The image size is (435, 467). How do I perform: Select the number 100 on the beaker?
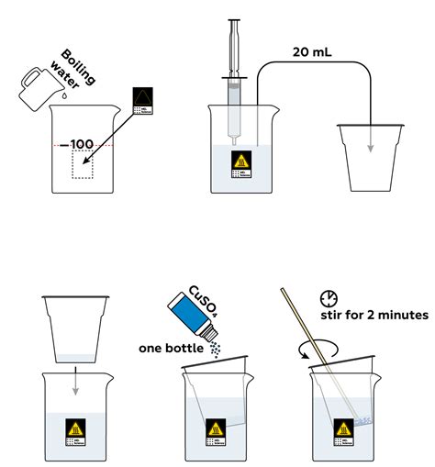[x=81, y=145]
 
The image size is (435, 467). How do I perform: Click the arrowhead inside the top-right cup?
[x=370, y=152]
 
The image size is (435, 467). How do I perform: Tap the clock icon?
[x=329, y=298]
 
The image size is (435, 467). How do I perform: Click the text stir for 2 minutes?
[x=376, y=316]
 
